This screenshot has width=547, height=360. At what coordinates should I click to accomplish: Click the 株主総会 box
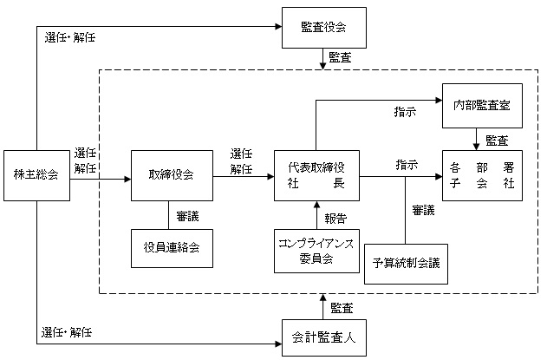(x=36, y=175)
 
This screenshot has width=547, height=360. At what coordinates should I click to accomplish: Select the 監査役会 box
(x=323, y=28)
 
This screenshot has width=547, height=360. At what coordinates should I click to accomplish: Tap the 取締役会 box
(x=172, y=175)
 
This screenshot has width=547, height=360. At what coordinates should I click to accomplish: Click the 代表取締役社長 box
(x=316, y=175)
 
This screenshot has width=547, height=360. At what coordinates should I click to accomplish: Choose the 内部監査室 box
(x=482, y=106)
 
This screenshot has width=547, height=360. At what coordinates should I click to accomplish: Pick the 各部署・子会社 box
(x=482, y=175)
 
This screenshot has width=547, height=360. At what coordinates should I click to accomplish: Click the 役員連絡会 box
(x=172, y=248)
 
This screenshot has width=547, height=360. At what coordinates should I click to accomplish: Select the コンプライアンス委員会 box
(x=316, y=251)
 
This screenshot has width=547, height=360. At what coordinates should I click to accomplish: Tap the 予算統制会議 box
(x=406, y=264)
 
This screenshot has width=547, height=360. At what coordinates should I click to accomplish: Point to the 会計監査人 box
(x=323, y=337)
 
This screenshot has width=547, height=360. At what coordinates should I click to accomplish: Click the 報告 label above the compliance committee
(x=335, y=219)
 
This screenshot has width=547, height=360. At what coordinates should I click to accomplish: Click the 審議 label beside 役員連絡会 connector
(x=187, y=217)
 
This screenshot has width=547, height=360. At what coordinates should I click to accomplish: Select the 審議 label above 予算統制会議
(x=423, y=210)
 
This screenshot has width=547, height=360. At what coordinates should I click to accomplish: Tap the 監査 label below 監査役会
(x=340, y=57)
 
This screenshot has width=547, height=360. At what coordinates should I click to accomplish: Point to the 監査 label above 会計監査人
(x=342, y=308)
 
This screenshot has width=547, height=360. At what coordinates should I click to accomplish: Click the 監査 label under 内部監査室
(x=497, y=141)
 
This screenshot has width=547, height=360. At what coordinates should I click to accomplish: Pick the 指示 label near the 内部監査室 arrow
(x=405, y=112)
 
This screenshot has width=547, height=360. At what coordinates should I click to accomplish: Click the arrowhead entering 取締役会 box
(x=127, y=179)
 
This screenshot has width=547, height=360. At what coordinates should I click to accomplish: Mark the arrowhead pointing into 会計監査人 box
(x=278, y=344)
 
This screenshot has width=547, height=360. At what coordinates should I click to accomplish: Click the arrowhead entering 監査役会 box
(x=278, y=26)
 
